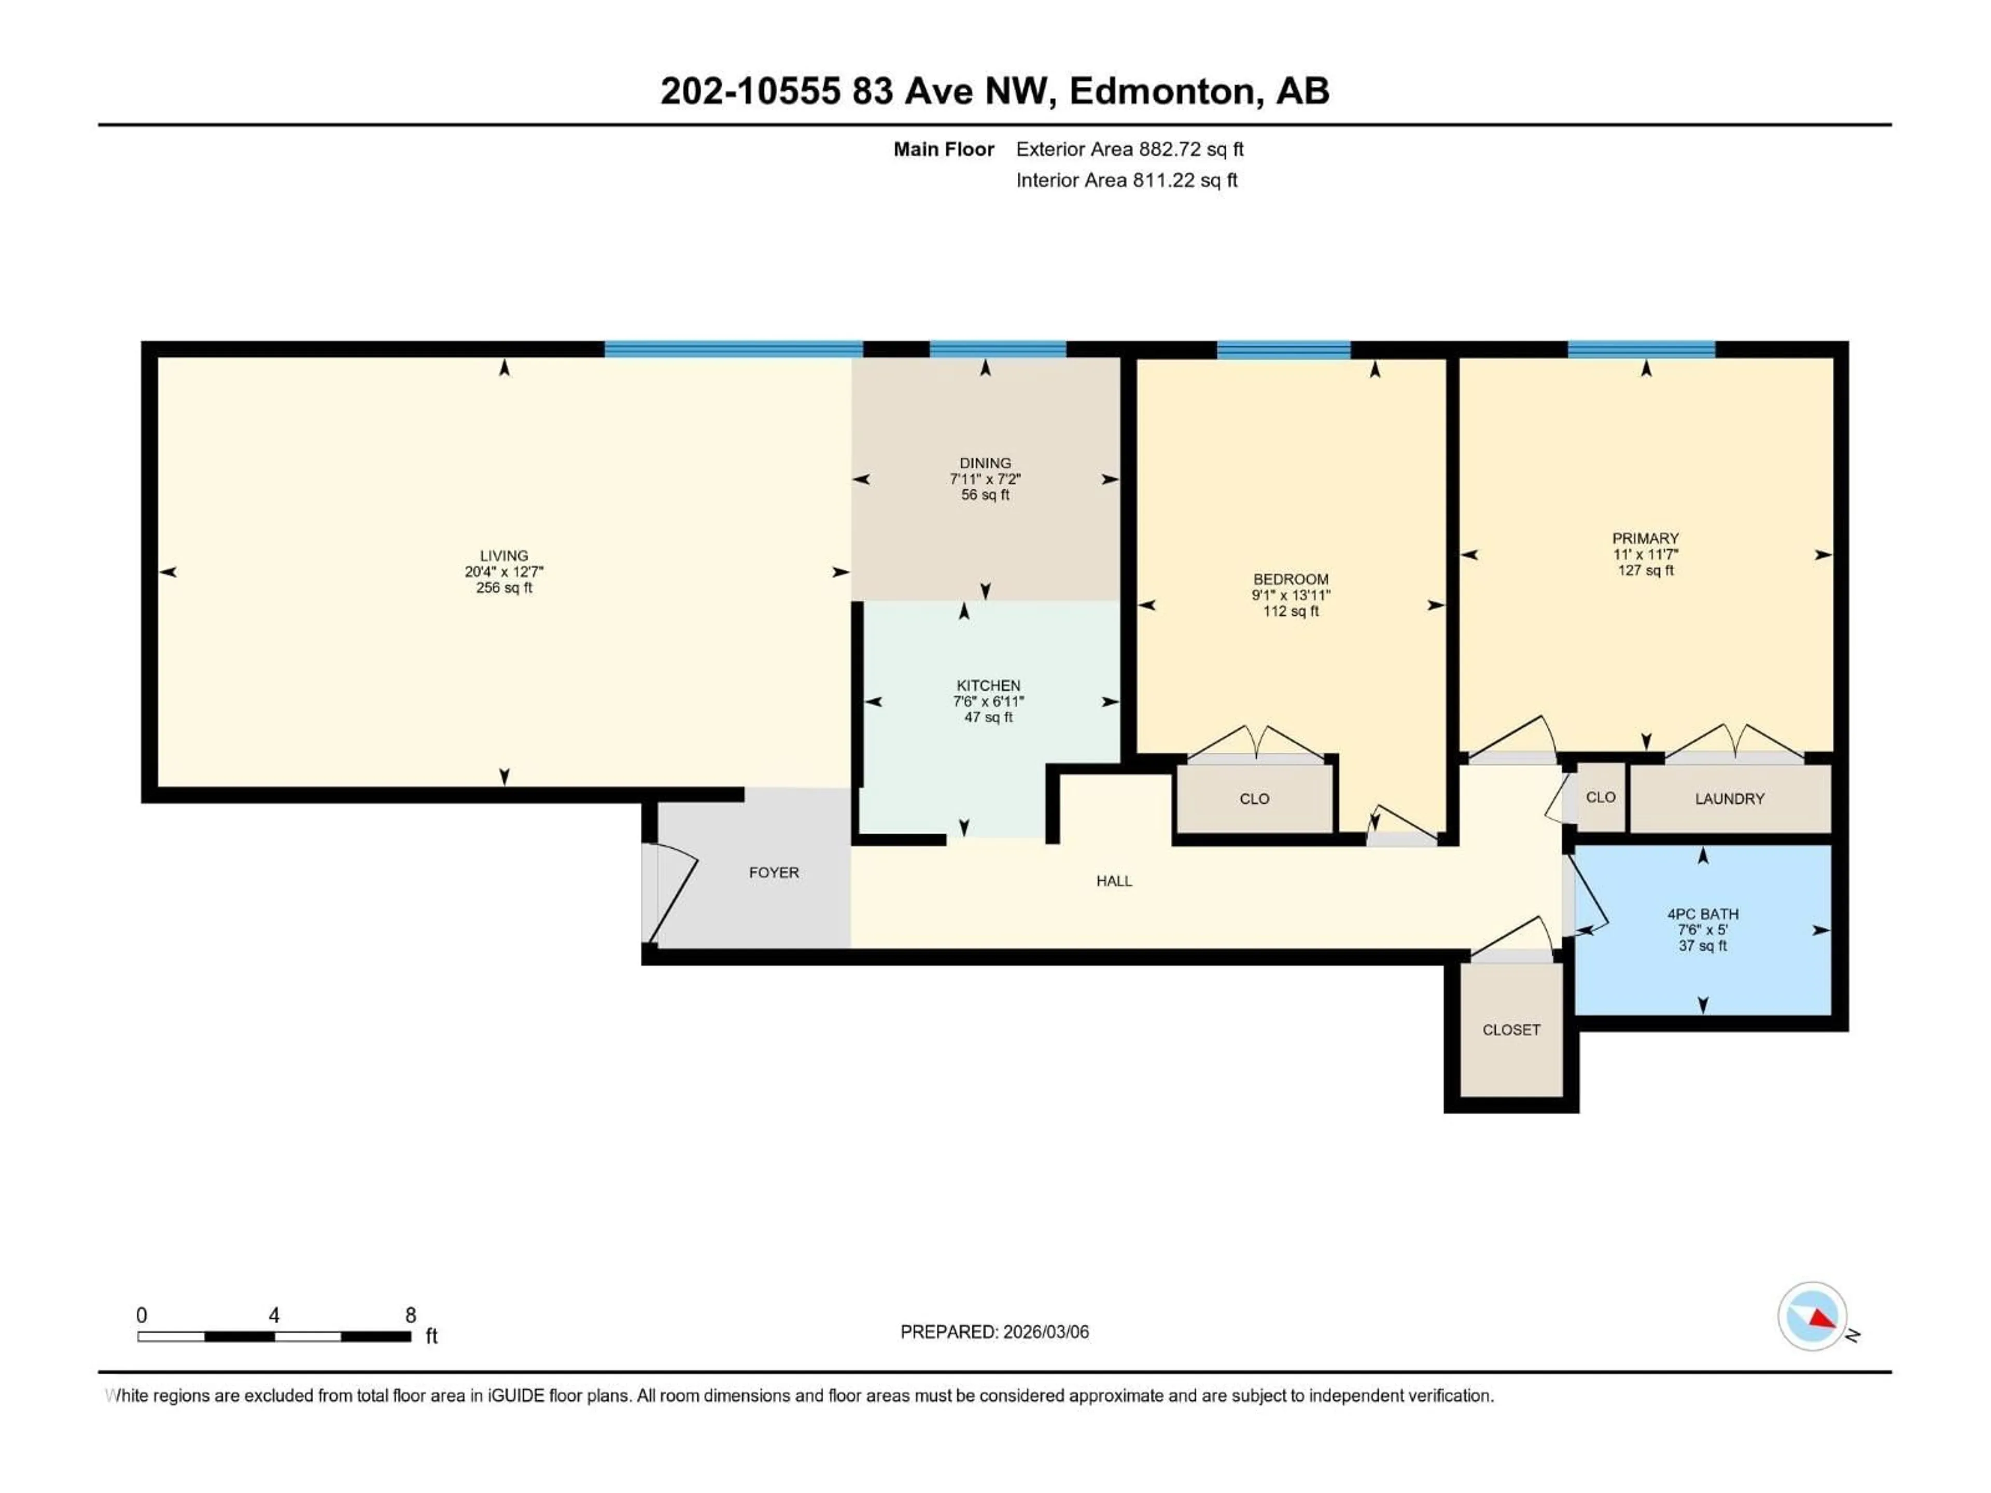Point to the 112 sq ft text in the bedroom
(1290, 612)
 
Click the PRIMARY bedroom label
(1645, 538)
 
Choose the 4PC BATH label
(1702, 913)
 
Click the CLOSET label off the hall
(1511, 1030)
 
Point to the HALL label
(1113, 881)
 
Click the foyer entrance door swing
(674, 895)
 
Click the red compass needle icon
(1822, 1319)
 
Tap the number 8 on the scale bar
(411, 1315)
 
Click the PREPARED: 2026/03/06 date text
(994, 1332)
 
